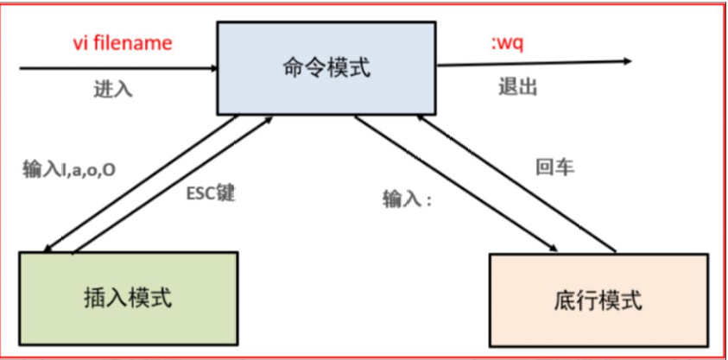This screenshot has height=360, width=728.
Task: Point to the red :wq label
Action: click(x=507, y=42)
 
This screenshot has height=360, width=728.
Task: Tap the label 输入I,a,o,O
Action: click(x=69, y=169)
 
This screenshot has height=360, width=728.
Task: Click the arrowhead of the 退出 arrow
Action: click(x=626, y=61)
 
